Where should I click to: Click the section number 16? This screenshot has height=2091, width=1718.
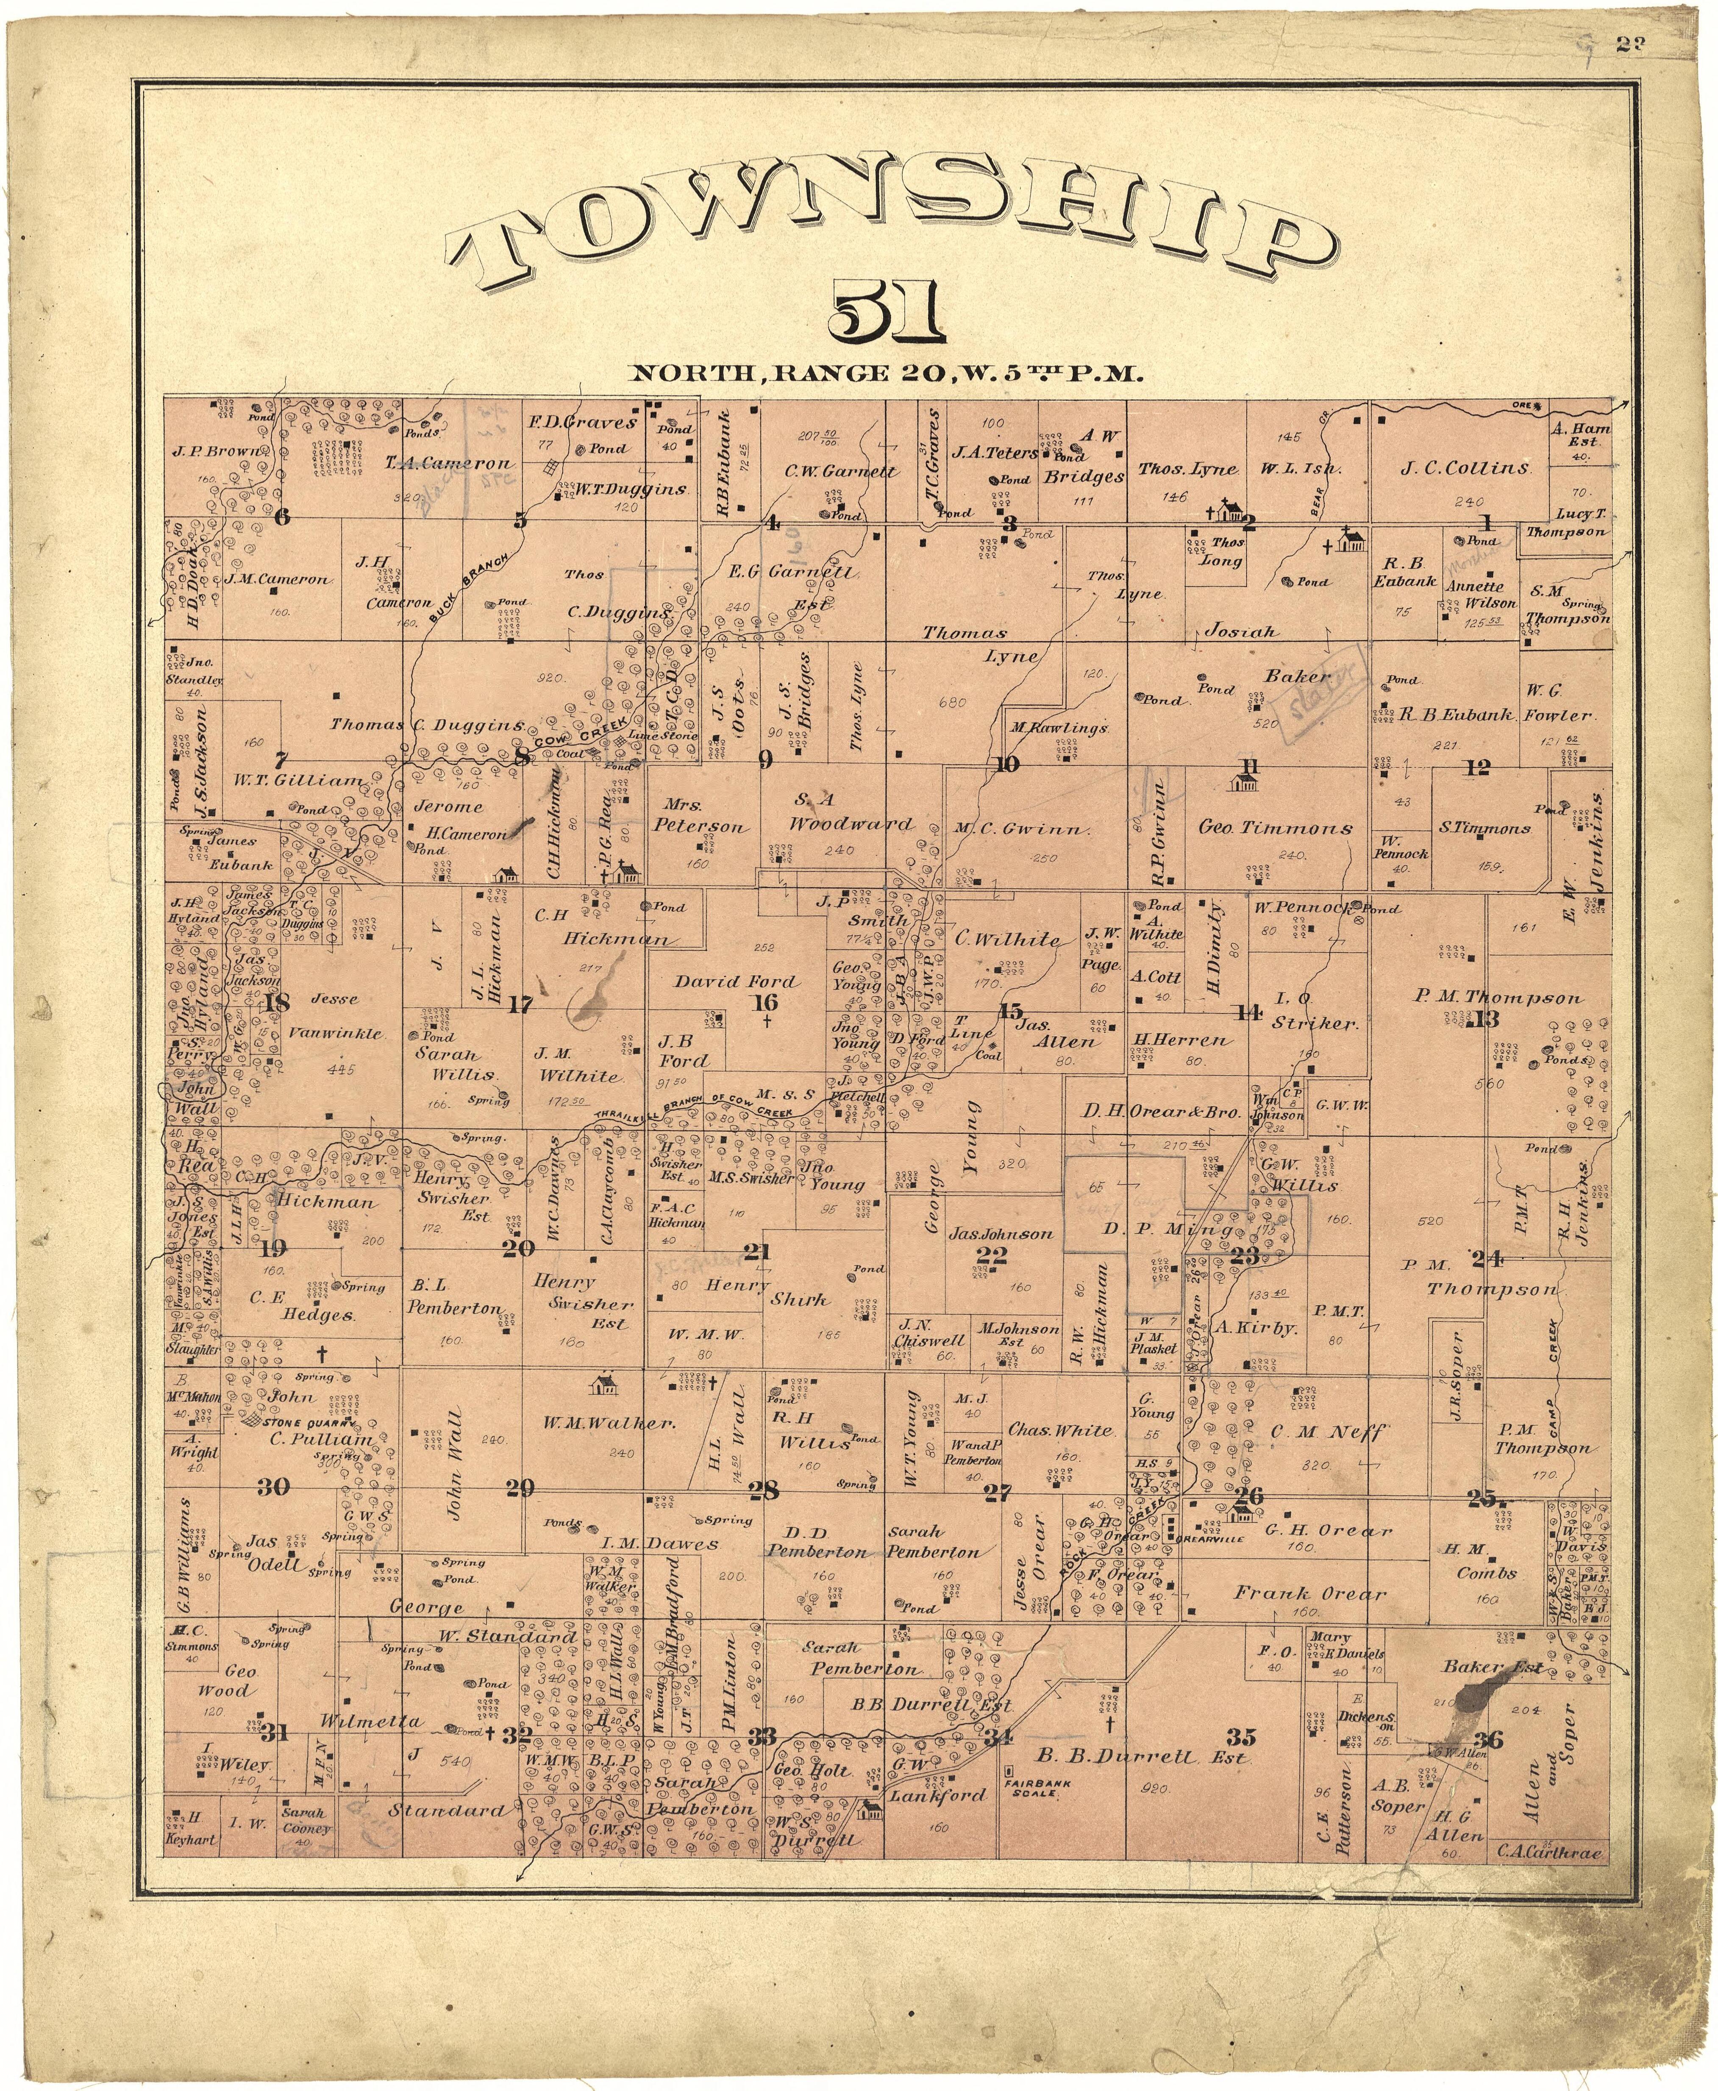pos(765,1002)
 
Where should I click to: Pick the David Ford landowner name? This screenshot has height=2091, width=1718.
pos(735,982)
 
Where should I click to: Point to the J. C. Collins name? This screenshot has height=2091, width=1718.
pos(1465,468)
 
